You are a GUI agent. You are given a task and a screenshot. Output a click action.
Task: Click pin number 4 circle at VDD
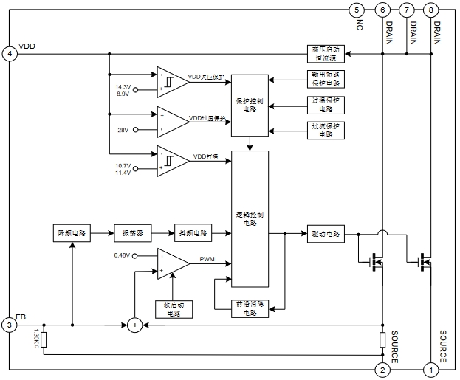(10, 53)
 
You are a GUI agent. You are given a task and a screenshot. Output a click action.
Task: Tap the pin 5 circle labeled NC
(357, 10)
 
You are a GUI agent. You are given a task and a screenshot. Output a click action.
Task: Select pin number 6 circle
(382, 10)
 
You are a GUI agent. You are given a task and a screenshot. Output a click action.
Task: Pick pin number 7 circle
(407, 10)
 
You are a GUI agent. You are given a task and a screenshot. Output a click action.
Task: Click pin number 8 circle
(431, 10)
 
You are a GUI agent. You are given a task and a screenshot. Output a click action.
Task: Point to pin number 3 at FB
(10, 325)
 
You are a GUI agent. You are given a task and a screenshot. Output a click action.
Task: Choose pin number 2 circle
(382, 369)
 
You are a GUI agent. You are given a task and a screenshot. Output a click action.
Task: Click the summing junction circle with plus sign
(134, 325)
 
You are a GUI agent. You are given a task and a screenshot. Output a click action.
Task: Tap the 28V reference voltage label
(123, 130)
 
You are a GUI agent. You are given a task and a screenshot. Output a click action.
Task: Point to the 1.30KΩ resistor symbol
(44, 340)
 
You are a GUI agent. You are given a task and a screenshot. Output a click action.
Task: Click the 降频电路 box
(72, 233)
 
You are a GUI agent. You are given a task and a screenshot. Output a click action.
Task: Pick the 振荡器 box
(132, 233)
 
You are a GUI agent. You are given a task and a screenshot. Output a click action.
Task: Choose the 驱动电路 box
(325, 234)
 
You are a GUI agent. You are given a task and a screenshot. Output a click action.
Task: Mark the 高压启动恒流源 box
(325, 53)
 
